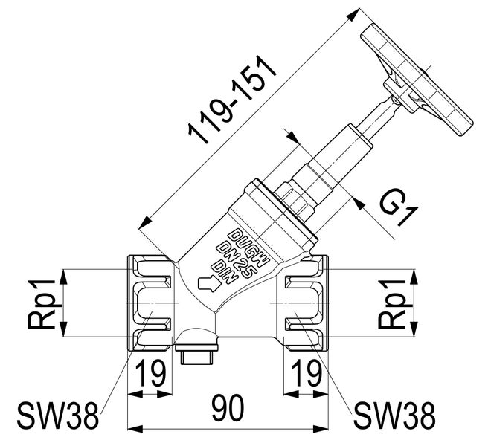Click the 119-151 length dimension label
click(x=231, y=100)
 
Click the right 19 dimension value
click(x=304, y=372)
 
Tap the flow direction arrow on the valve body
click(x=209, y=282)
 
